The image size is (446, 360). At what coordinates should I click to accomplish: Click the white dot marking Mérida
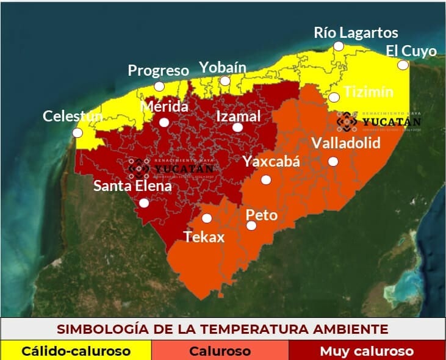pos(164,122)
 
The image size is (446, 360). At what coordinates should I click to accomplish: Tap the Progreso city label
pos(158,71)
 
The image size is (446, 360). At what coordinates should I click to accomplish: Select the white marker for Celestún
pos(77,132)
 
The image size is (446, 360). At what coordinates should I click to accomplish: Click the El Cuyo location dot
pos(403,65)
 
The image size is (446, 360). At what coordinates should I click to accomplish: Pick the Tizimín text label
pos(369,92)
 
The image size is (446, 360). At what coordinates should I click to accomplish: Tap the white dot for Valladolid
pos(333,161)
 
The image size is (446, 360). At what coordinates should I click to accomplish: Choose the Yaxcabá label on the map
pos(272,161)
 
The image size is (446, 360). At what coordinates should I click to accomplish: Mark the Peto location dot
pos(251,226)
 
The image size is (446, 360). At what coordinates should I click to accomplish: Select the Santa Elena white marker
pos(143,203)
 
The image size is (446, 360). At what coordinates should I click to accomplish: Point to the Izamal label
pos(239,116)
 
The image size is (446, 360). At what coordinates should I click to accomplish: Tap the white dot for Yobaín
pos(225,81)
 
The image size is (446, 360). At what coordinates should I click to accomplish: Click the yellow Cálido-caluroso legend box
pos(76,351)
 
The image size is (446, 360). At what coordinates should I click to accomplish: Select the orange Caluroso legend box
pos(220,351)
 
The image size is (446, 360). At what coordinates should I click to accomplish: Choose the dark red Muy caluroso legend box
pos(367,351)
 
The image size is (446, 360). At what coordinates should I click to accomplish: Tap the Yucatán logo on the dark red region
pos(171,166)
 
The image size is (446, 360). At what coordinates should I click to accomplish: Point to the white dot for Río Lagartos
pos(339,46)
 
